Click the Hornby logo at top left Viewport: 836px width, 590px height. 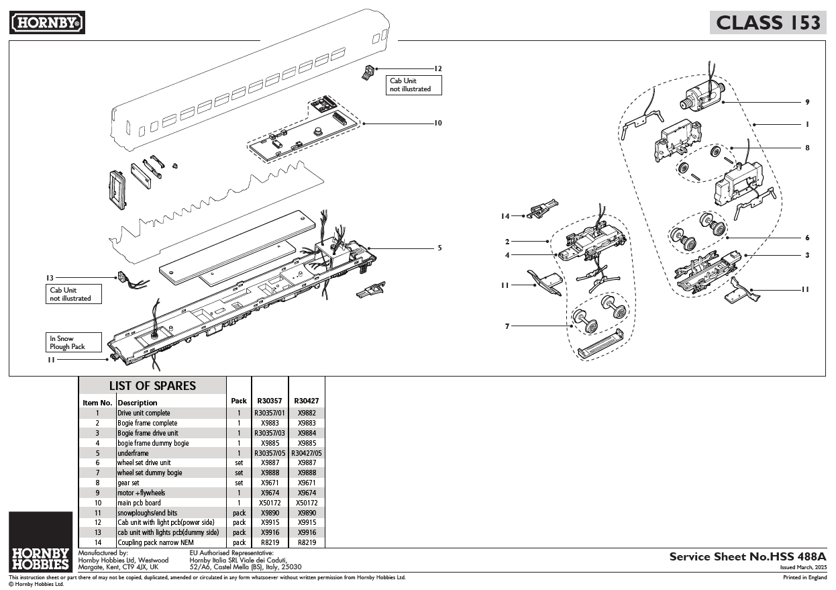pyautogui.click(x=47, y=23)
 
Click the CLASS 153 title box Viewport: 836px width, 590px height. pyautogui.click(x=768, y=23)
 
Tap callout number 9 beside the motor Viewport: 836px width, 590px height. pyautogui.click(x=807, y=102)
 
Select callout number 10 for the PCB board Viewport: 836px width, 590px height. pyautogui.click(x=437, y=123)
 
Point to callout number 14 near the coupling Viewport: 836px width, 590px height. pyautogui.click(x=505, y=216)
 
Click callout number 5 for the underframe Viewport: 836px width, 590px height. pyautogui.click(x=439, y=248)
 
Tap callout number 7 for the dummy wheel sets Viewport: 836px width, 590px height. pyautogui.click(x=508, y=326)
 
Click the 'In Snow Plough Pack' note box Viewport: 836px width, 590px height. pyautogui.click(x=74, y=342)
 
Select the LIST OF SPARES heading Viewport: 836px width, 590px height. pyautogui.click(x=152, y=386)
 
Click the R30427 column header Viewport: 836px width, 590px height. pyautogui.click(x=307, y=401)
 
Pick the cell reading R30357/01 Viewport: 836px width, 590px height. pyautogui.click(x=270, y=413)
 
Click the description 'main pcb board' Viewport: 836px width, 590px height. pyautogui.click(x=139, y=503)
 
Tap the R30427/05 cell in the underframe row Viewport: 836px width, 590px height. pyautogui.click(x=307, y=453)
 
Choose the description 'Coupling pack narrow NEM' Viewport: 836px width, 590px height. pyautogui.click(x=156, y=542)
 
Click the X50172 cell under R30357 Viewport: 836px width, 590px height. pyautogui.click(x=270, y=503)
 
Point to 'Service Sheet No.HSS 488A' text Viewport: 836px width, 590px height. pyautogui.click(x=747, y=556)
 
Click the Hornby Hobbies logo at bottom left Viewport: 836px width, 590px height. pyautogui.click(x=40, y=541)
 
